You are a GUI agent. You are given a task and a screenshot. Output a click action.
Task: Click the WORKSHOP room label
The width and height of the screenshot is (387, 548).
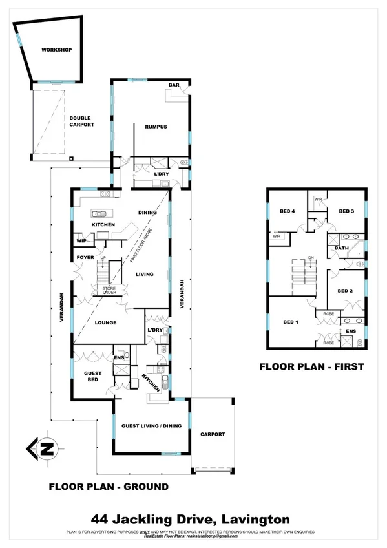[x=56, y=50]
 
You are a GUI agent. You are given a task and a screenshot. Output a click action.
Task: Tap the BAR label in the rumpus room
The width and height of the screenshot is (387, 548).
[x=173, y=85]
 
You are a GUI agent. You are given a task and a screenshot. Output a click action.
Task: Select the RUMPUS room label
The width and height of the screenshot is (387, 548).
[x=156, y=127]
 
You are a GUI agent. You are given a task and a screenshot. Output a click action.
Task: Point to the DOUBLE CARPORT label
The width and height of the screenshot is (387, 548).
[x=82, y=121]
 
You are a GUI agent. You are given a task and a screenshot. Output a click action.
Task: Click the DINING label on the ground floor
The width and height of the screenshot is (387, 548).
[x=148, y=212]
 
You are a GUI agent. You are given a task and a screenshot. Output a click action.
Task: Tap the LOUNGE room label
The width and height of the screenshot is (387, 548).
[x=105, y=322]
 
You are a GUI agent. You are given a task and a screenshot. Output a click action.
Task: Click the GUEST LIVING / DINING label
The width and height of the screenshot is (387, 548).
[x=151, y=425]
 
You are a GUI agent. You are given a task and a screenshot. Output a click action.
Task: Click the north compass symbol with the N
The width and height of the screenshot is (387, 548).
[x=43, y=447]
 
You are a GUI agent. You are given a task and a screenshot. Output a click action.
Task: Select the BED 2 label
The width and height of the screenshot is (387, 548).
[x=346, y=291]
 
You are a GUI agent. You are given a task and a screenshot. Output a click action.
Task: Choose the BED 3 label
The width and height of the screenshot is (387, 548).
[x=346, y=211]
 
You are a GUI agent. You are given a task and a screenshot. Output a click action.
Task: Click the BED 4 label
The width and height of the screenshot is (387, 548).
[x=288, y=211]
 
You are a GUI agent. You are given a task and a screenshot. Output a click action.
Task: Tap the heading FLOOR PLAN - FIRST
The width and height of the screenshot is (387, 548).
[x=311, y=366]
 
